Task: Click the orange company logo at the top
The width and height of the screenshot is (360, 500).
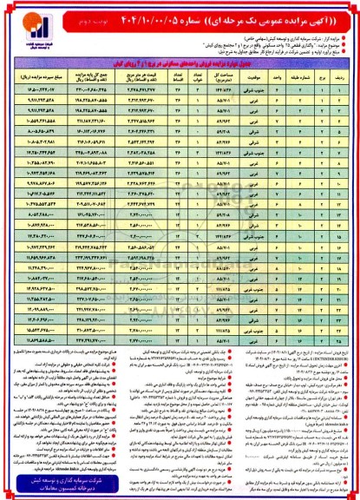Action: point(23,20)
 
